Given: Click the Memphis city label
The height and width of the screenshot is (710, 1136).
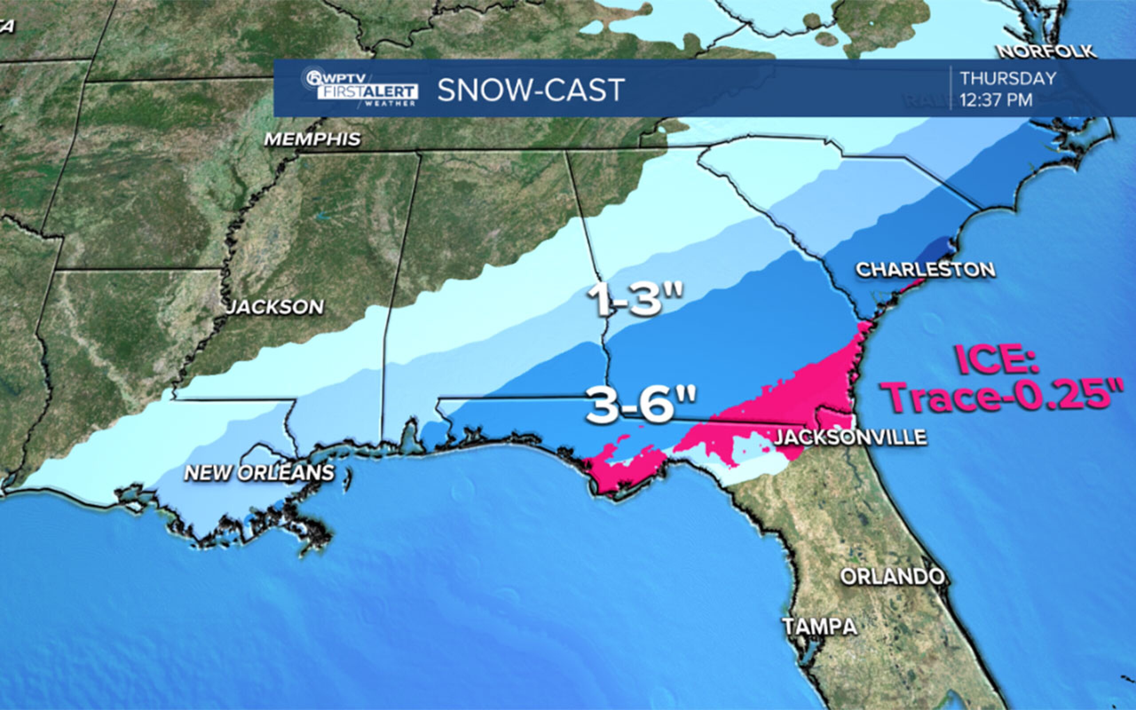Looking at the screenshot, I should point(313,139).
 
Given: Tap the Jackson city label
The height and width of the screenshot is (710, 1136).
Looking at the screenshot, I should point(275,307).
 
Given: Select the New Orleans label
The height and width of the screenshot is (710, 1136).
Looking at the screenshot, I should point(259,473).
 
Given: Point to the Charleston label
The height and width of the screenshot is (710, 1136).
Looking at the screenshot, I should point(925,269).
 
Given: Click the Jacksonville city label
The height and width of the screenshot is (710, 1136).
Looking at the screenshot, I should point(850,437).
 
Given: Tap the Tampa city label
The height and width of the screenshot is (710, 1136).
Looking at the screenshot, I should point(820,627).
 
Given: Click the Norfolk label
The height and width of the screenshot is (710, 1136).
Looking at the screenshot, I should point(1047,51).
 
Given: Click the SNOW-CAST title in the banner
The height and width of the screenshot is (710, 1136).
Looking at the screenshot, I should point(531,90).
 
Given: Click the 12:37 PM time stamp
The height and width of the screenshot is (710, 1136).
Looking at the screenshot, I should point(996,100).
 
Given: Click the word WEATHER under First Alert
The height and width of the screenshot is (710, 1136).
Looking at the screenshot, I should point(390,103).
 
